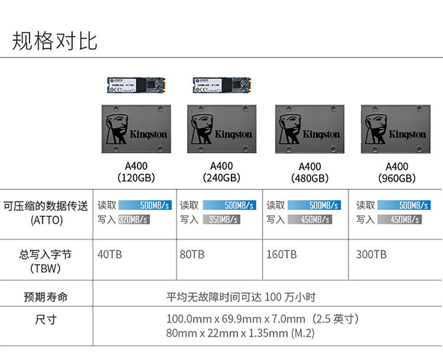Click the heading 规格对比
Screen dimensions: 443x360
click(55, 40)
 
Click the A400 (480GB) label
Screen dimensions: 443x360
click(310, 173)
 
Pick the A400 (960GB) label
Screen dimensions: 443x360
click(396, 173)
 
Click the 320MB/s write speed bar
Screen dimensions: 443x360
click(133, 219)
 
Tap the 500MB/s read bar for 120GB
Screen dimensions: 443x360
click(145, 205)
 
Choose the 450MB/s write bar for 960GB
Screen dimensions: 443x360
click(406, 219)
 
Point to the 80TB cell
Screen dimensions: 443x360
click(192, 255)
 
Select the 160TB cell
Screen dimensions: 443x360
click(281, 255)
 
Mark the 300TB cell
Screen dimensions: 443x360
click(371, 255)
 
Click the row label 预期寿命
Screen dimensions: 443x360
click(45, 297)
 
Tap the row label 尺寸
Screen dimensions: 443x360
click(45, 320)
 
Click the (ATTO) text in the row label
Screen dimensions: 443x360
click(45, 220)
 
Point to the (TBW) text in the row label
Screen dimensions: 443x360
click(45, 268)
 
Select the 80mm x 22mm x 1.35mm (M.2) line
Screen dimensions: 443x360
click(240, 333)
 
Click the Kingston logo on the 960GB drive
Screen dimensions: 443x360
click(407, 134)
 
